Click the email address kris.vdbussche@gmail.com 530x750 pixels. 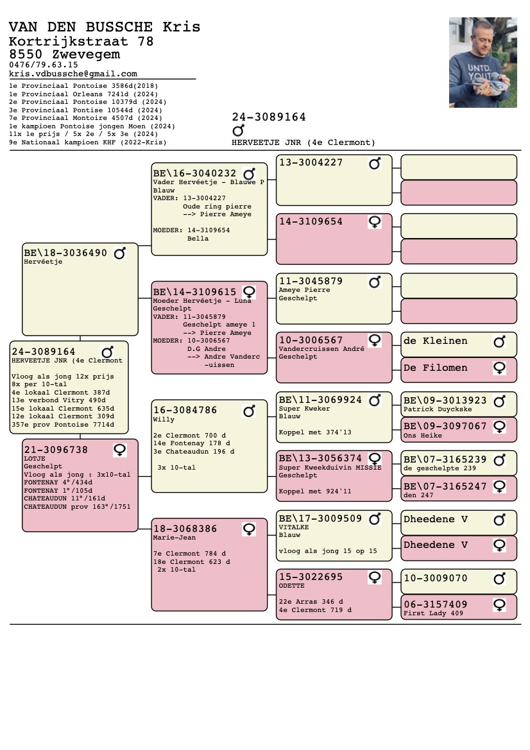pyautogui.click(x=73, y=74)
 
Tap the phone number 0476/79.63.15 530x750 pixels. pyautogui.click(x=44, y=65)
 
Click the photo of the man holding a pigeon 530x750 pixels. pyautogui.click(x=483, y=62)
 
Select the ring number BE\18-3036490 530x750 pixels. pyautogui.click(x=65, y=253)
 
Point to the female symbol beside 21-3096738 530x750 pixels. pyautogui.click(x=119, y=450)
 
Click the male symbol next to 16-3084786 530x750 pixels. pyautogui.click(x=250, y=411)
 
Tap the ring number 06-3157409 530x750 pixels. pyautogui.click(x=435, y=604)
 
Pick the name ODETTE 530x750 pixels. pyautogui.click(x=292, y=586)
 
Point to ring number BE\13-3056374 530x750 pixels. pyautogui.click(x=320, y=459)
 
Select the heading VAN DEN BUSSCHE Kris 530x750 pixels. pyautogui.click(x=105, y=27)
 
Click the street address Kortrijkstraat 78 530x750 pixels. pyautogui.click(x=81, y=42)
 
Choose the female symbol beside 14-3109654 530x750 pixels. pyautogui.click(x=375, y=222)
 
